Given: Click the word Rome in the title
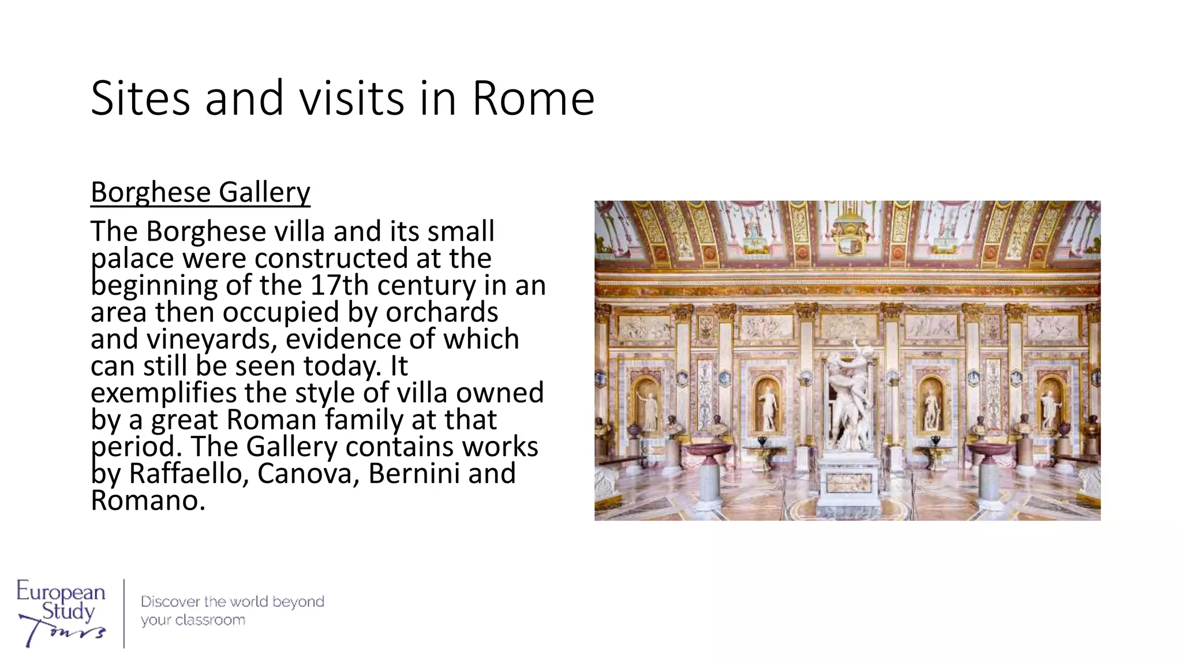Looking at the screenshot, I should click(533, 99).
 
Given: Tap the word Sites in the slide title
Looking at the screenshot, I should click(140, 99).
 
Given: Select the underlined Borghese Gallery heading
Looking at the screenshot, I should click(200, 192).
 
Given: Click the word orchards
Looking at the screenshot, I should click(442, 312).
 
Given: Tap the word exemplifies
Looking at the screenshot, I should click(163, 393).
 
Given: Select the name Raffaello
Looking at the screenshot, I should click(188, 474).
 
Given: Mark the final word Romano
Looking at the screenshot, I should click(148, 500).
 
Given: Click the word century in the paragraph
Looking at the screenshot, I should click(426, 285).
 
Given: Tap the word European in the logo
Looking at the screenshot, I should click(61, 592).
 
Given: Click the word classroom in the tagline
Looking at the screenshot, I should click(210, 621).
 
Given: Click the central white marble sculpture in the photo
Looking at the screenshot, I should click(847, 393).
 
